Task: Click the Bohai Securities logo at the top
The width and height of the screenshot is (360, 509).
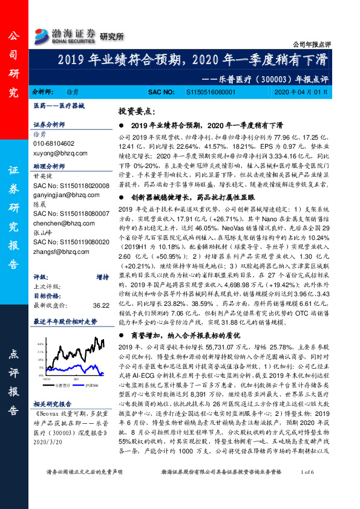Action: pos(66,33)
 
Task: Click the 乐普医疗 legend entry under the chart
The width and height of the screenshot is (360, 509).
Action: pos(62,385)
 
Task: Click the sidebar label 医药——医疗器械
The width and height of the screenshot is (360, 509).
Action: pos(59,106)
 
